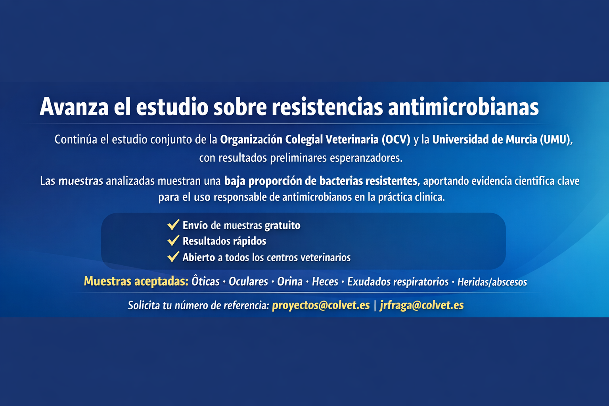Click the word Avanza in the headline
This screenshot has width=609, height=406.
click(x=74, y=107)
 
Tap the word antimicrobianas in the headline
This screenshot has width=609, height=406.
click(x=463, y=107)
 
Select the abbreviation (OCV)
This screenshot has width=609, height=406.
click(x=396, y=140)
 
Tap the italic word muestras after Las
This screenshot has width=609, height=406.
click(x=80, y=181)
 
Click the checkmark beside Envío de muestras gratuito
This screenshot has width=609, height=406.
click(x=173, y=225)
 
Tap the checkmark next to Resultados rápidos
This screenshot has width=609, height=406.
click(x=173, y=241)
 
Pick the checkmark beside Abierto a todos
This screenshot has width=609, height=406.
click(x=173, y=257)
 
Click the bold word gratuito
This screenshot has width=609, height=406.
click(x=282, y=225)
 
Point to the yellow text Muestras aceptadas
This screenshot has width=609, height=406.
click(x=136, y=282)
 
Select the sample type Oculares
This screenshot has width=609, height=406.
click(x=248, y=282)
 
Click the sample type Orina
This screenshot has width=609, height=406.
click(x=290, y=282)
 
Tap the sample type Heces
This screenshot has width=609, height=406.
click(x=325, y=282)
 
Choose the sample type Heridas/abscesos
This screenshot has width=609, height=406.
click(x=492, y=282)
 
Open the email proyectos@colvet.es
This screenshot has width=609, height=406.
click(x=321, y=305)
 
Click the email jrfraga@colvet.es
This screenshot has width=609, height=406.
click(x=421, y=305)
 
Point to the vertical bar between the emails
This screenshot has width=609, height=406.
click(x=375, y=305)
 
